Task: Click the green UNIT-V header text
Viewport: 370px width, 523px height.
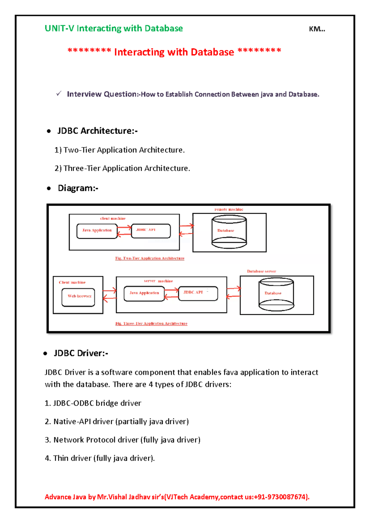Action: [x=113, y=28]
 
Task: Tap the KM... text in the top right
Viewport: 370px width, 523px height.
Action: [x=317, y=29]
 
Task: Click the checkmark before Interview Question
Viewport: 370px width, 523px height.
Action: [x=59, y=93]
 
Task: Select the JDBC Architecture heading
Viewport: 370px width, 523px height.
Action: [x=97, y=131]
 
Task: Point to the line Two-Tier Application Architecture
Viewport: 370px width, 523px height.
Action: [x=119, y=150]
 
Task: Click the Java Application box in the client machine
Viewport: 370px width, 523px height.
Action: [x=97, y=231]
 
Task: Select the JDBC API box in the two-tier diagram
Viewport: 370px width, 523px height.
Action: [x=151, y=231]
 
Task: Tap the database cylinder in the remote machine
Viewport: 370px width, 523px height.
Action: [x=229, y=232]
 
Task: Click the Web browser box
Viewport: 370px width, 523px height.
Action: [x=78, y=297]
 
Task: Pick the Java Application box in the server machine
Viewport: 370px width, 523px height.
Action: [x=144, y=293]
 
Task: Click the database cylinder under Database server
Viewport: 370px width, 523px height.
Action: [x=276, y=294]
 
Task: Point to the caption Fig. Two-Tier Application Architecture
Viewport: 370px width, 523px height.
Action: [x=150, y=258]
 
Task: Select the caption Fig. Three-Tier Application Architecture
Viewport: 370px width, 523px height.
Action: [x=151, y=323]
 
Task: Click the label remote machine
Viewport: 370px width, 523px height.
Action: [x=228, y=209]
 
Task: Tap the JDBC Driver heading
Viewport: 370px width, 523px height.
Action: [x=81, y=353]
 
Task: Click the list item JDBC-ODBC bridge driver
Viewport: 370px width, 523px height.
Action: [x=93, y=403]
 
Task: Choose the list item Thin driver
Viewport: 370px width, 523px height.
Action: [x=100, y=458]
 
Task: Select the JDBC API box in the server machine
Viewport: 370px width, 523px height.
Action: [x=198, y=293]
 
